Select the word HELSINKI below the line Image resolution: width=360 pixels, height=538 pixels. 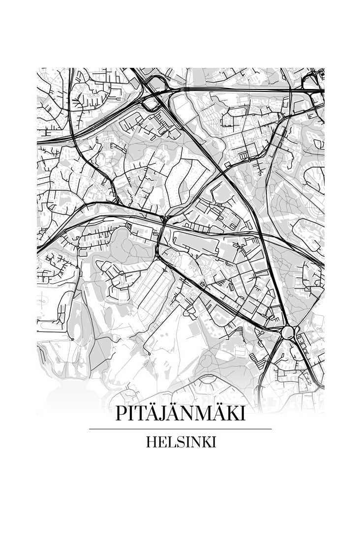tap(181, 442)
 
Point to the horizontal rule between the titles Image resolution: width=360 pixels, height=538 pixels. tap(180, 429)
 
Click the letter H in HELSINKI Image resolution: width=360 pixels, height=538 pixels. tap(151, 442)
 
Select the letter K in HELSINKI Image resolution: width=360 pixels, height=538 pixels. tap(207, 442)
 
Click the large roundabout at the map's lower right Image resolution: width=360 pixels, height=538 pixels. tap(288, 333)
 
